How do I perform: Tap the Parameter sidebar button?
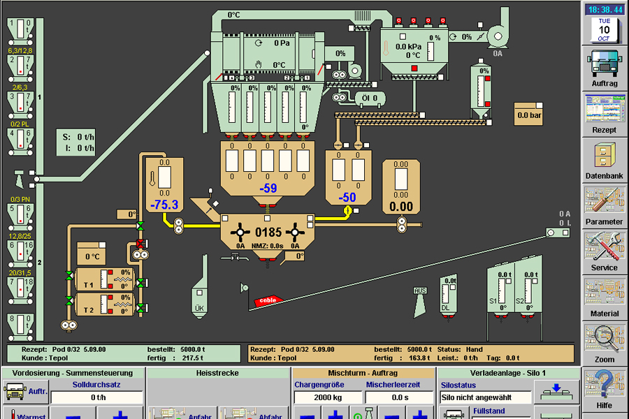604,205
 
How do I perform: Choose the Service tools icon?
604,251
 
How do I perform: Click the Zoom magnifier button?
604,344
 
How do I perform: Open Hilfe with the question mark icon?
604,390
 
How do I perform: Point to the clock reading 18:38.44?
605,9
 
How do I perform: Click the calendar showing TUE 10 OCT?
604,30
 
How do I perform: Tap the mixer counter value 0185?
268,232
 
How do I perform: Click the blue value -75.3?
164,204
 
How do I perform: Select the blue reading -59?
268,188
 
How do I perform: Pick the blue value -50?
347,198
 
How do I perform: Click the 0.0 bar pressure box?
529,115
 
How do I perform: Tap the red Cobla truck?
267,300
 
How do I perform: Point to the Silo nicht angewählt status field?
485,397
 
